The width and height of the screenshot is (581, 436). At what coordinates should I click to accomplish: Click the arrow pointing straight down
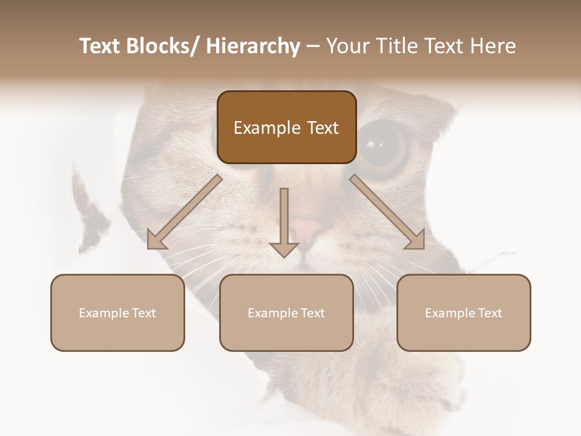point(284,221)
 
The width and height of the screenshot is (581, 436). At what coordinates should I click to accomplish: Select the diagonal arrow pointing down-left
point(185,212)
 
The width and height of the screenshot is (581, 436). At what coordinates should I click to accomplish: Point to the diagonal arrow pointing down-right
point(387,212)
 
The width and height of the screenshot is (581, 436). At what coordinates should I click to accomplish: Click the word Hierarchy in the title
point(253,46)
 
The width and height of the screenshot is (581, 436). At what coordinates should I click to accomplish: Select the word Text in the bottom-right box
point(489,313)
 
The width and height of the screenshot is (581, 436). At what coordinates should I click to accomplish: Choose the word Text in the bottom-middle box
point(312,313)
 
